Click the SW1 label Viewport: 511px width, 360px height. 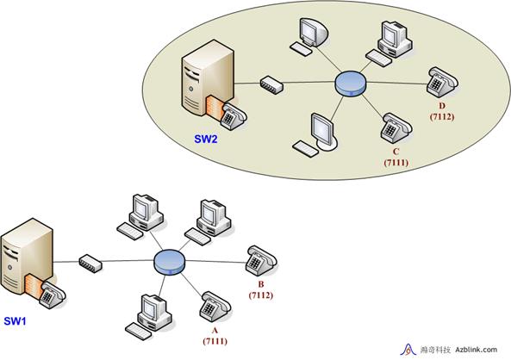15,321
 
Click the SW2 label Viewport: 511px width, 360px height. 206,140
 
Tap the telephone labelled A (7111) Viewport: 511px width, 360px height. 215,307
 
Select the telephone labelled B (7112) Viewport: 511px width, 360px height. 261,261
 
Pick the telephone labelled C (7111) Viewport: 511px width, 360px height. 396,128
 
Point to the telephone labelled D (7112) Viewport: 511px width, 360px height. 442,82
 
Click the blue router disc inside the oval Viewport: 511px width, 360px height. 351,84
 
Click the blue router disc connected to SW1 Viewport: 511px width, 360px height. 170,263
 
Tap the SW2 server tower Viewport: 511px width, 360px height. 208,78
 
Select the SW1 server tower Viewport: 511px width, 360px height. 27,257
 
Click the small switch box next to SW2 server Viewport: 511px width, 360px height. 271,85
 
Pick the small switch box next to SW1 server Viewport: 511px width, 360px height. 90,264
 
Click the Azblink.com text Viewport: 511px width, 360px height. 477,350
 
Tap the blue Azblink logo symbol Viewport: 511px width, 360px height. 408,350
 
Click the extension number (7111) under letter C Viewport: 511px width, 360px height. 396,162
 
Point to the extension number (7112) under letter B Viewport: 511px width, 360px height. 261,295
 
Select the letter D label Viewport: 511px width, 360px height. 442,106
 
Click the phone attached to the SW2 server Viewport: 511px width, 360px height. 233,116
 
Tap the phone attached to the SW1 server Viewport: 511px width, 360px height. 53,295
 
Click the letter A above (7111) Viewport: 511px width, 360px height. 215,331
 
